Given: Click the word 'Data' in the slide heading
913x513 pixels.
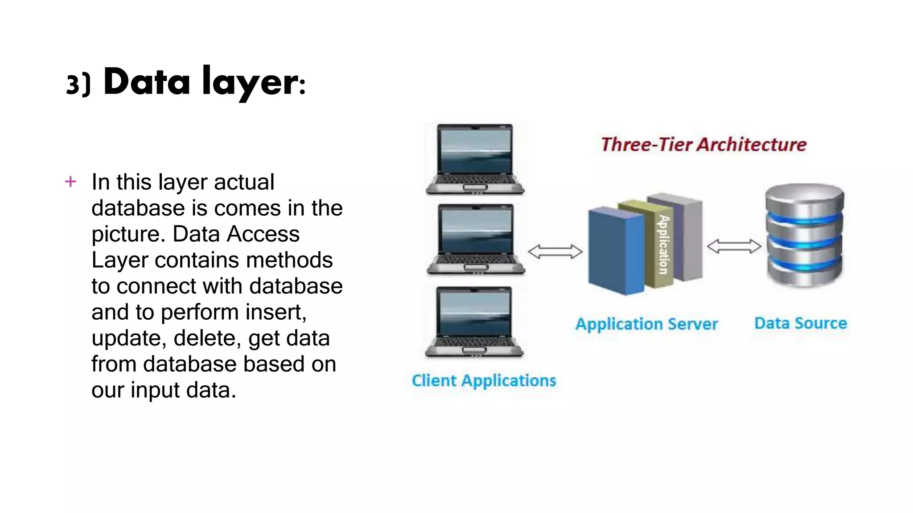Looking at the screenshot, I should (147, 82).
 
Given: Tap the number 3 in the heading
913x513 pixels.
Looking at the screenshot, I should (73, 84).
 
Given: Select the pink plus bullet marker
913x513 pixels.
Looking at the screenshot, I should (70, 182).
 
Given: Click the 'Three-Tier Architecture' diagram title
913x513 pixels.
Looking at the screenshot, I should (703, 145).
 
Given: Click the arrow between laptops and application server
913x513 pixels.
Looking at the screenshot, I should (555, 252).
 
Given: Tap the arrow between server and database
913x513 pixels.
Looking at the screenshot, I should (734, 246).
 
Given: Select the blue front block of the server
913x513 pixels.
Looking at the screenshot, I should (615, 252).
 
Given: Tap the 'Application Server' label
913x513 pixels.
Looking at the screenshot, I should (646, 324).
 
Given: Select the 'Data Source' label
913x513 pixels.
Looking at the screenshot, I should (800, 323).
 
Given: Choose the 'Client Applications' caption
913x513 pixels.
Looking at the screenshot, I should (484, 381).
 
